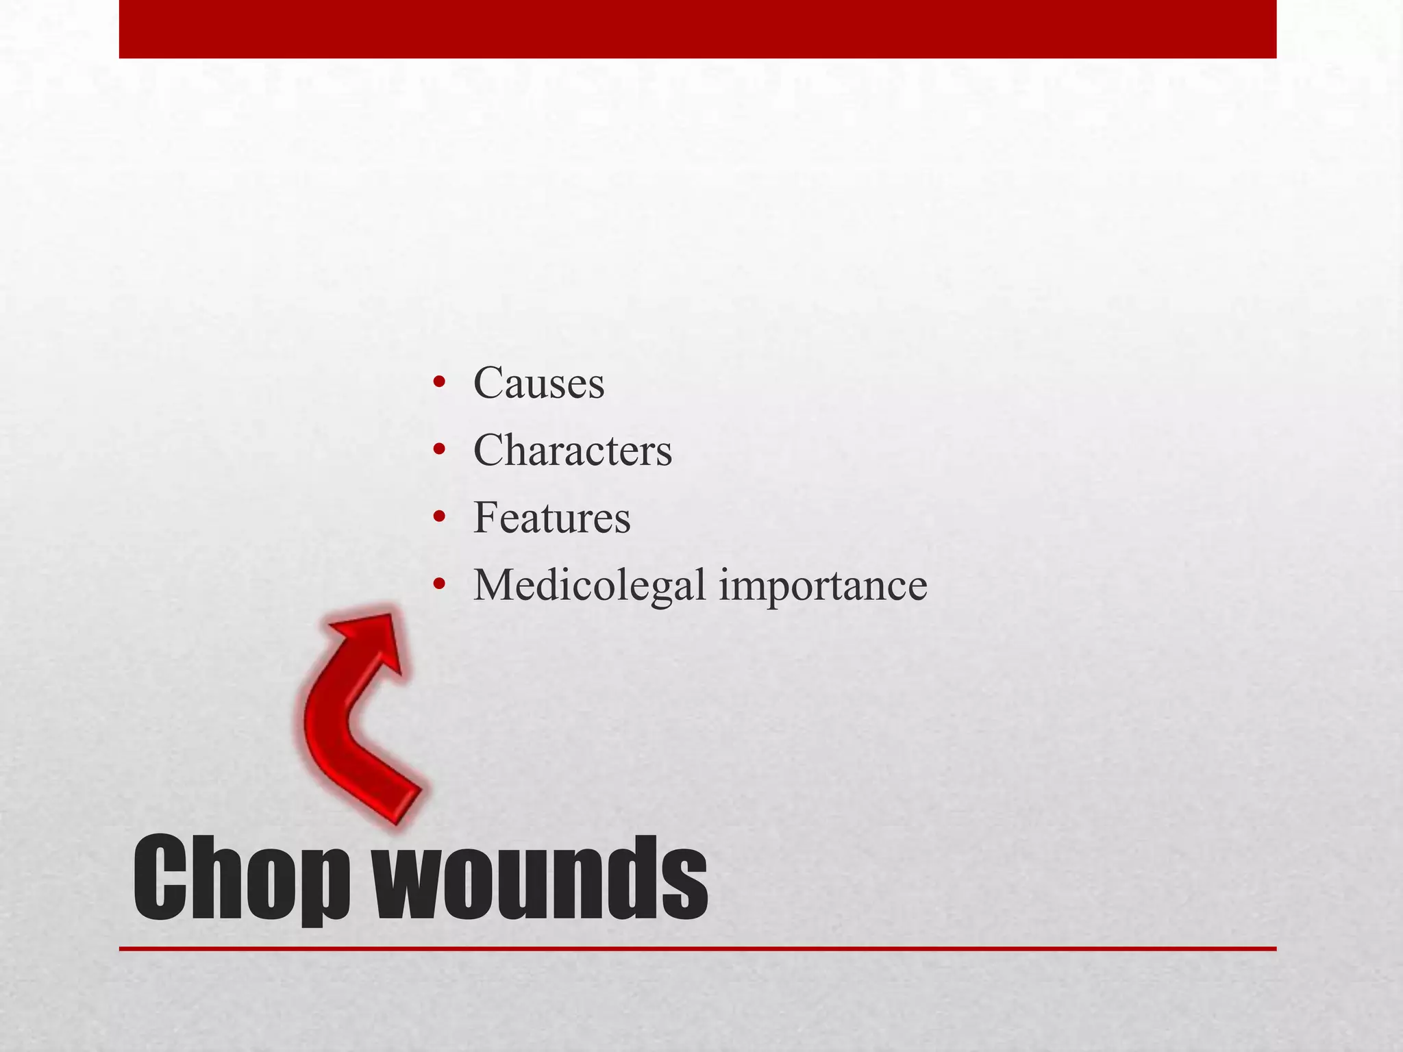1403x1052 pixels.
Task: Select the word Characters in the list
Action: point(573,450)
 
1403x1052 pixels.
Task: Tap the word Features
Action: point(551,517)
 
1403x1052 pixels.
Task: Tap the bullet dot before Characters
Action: point(439,450)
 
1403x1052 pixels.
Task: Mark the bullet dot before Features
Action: point(439,517)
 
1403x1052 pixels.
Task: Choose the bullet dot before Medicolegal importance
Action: point(439,586)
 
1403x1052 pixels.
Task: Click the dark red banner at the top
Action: point(697,29)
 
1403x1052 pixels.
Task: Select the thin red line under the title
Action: point(697,949)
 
